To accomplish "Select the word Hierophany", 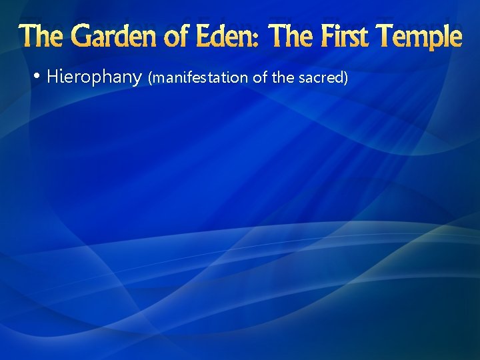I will click(94, 77).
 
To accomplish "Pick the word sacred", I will click(322, 78).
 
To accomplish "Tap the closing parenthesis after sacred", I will click(346, 78).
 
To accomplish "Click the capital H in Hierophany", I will click(53, 77).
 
